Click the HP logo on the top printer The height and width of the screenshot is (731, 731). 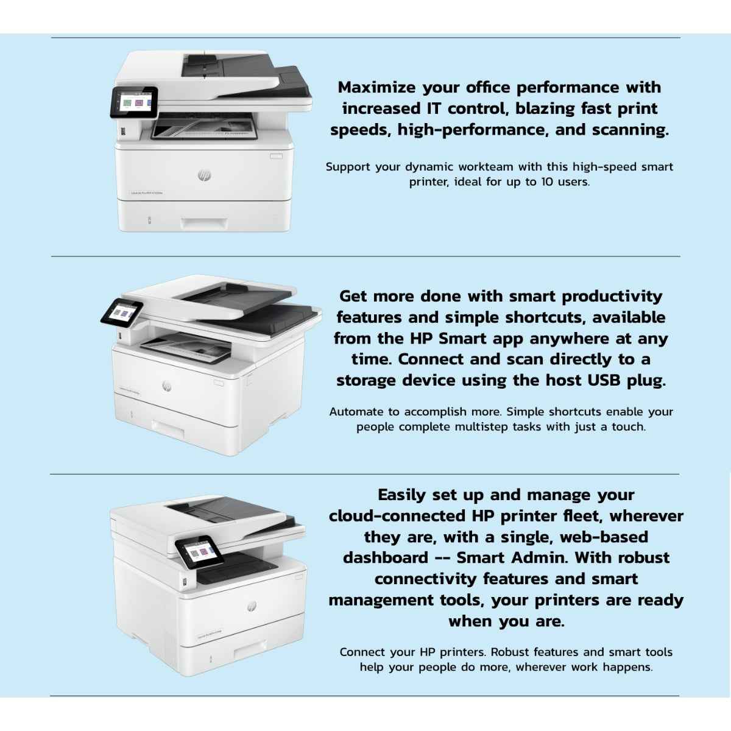[x=204, y=175]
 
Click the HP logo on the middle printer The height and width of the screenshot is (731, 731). [x=167, y=387]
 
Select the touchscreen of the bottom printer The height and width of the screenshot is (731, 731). [x=197, y=551]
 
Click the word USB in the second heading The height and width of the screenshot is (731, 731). [x=606, y=380]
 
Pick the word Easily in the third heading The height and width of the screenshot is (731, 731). [x=402, y=495]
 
